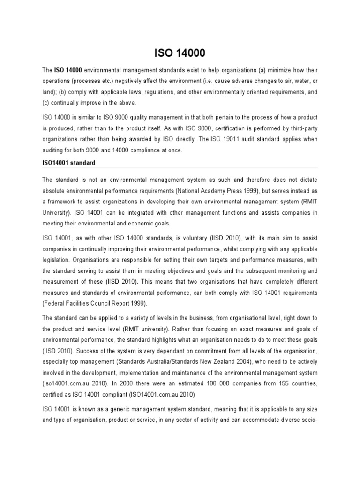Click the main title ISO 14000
coord(180,51)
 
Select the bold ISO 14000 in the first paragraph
coord(68,70)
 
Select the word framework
coord(63,202)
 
